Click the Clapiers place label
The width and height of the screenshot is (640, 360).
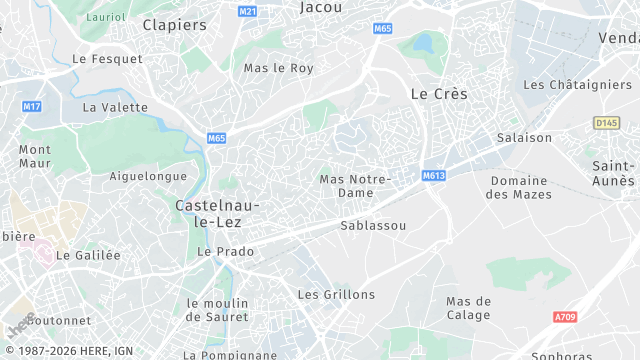coord(174,24)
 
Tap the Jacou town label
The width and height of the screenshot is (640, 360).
coord(320,7)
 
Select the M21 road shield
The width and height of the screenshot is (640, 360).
coord(248,11)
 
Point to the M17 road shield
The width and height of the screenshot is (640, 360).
coord(32,106)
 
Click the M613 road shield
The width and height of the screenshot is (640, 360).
coord(433,175)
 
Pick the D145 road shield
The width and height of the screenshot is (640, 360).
coord(606,122)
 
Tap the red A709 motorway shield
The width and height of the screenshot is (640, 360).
coord(566,317)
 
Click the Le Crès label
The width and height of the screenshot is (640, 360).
coord(439,93)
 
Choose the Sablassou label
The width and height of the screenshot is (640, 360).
coord(373,225)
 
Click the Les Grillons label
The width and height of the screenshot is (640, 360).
coord(336,294)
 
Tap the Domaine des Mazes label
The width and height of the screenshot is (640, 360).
coord(518,187)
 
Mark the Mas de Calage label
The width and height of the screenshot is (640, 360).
coord(468,308)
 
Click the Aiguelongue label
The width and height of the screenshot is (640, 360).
coord(148,176)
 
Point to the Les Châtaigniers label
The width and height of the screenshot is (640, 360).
coord(577,85)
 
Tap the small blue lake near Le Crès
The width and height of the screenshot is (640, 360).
coord(423,43)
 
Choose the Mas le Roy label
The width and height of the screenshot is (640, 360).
coord(279,68)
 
